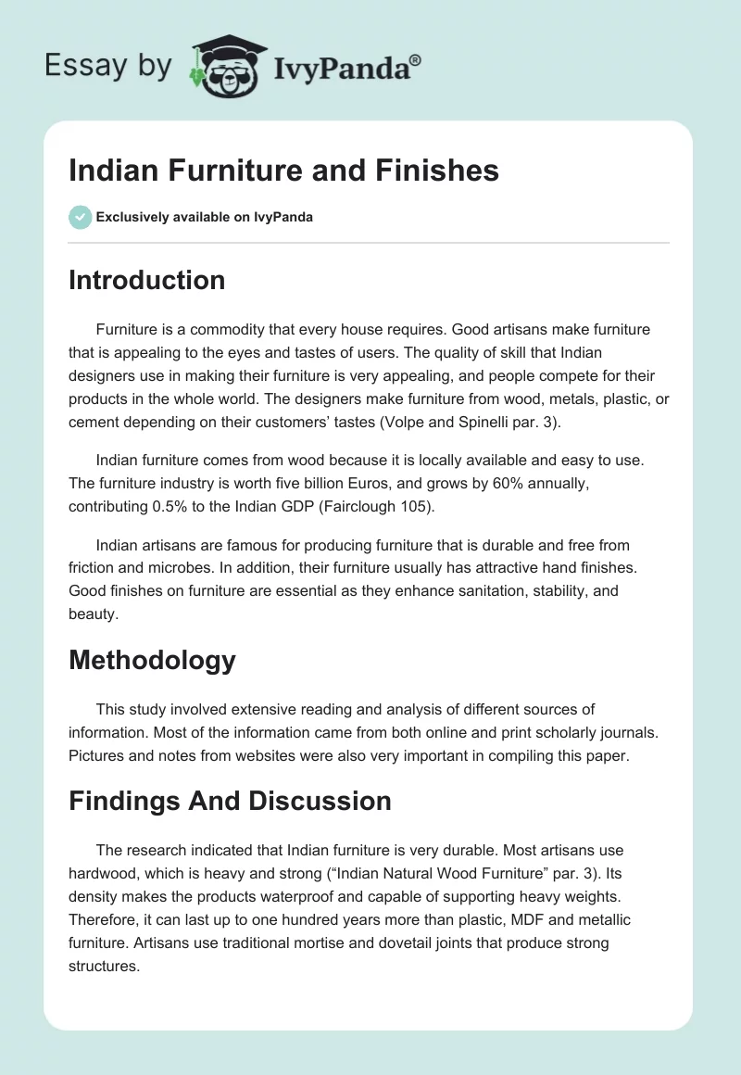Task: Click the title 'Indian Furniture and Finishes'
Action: click(283, 171)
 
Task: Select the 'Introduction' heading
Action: click(146, 280)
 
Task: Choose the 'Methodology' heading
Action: click(152, 660)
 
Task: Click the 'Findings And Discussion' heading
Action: click(230, 801)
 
